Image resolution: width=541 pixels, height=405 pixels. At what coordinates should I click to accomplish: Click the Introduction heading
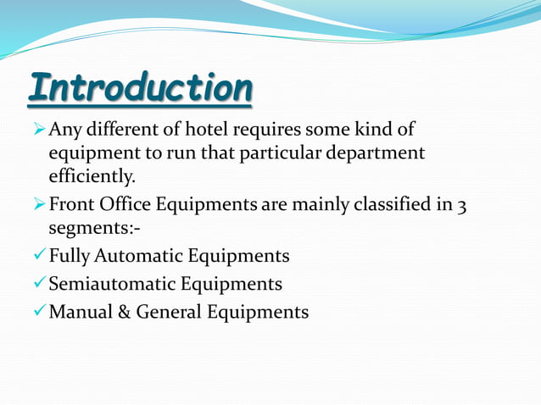tap(140, 89)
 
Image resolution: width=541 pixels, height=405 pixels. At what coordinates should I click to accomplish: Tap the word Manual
tap(81, 312)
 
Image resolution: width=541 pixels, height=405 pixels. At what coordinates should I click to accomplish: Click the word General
tap(169, 312)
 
